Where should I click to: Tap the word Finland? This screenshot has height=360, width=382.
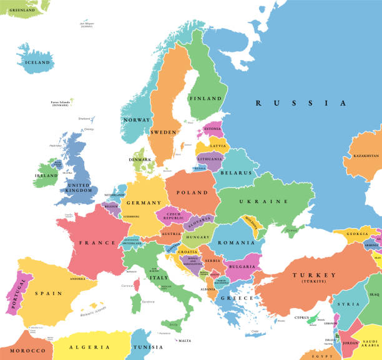205,99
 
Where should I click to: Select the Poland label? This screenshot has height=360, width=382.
191,193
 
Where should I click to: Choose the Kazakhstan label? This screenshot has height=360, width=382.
366,156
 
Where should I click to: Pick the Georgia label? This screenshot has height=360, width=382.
358,234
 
